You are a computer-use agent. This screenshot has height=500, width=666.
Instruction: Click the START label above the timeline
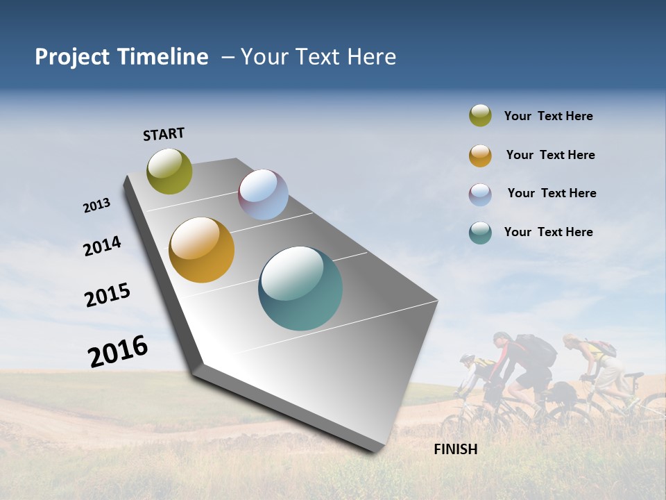164,134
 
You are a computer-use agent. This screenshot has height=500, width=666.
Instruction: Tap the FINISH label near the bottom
455,449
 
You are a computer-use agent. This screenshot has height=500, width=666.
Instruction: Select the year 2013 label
96,206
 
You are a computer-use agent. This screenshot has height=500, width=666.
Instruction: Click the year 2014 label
102,247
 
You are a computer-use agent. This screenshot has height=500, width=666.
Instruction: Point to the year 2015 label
108,295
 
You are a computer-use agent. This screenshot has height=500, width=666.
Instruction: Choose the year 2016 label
118,351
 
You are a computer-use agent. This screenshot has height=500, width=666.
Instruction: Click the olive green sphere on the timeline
169,172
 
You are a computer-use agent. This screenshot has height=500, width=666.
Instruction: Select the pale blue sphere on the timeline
263,194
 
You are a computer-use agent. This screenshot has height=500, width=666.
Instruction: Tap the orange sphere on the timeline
201,250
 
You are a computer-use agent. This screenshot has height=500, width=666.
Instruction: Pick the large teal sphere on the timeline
300,288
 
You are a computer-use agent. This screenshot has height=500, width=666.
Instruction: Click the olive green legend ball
480,116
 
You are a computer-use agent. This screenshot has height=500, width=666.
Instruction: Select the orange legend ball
480,156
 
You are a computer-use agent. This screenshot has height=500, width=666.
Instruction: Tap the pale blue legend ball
480,194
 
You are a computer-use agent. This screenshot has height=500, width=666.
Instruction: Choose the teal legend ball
480,233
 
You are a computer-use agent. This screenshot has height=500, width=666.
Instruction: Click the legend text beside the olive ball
548,116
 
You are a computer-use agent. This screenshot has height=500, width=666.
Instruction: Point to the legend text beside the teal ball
548,232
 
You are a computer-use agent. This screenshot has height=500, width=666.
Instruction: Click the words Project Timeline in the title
121,57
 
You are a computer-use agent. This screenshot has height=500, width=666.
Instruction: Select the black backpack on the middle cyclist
537,351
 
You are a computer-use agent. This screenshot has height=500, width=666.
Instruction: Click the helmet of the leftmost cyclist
467,359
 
